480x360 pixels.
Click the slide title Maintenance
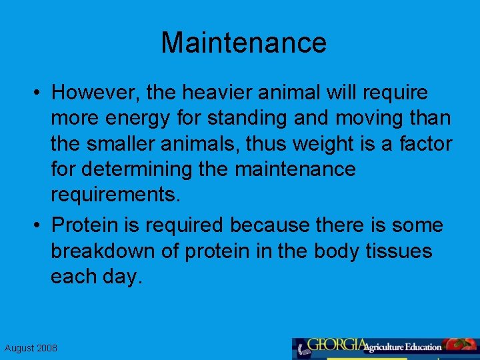243,43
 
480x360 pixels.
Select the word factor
426,143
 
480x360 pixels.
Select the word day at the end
123,277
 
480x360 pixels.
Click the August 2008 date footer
31,348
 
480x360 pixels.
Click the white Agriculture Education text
403,347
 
